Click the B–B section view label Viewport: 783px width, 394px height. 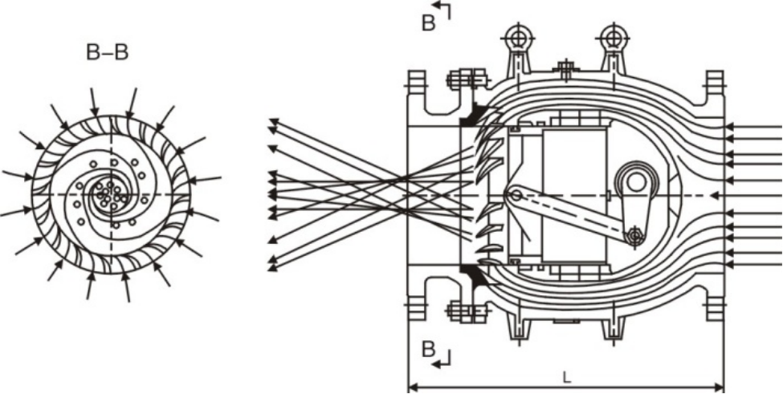click(108, 52)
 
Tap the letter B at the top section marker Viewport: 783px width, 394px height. click(429, 23)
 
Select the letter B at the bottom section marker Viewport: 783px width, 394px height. click(429, 350)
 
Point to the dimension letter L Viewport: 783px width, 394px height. click(566, 377)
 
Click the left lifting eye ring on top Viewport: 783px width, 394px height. click(516, 37)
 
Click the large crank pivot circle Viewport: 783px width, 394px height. click(636, 182)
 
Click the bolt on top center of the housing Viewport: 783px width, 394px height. click(566, 69)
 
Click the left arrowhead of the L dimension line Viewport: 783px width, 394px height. click(413, 387)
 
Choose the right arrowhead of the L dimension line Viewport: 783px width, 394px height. click(720, 387)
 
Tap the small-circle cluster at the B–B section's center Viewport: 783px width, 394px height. click(110, 195)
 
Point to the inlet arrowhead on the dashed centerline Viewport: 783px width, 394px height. click(715, 196)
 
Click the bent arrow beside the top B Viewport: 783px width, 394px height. click(444, 9)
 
